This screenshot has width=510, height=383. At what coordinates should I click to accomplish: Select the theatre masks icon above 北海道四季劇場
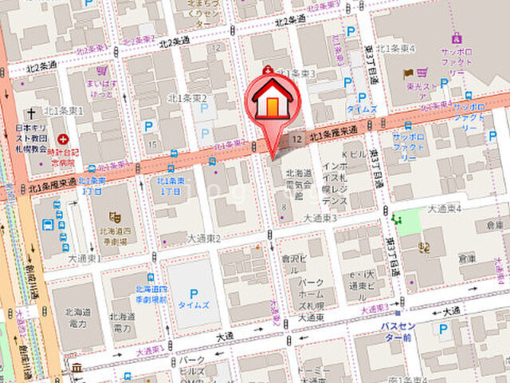pyautogui.click(x=115, y=216)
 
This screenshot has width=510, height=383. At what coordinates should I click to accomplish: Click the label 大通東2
pyautogui.click(x=203, y=238)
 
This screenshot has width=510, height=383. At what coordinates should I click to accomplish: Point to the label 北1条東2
pyautogui.click(x=187, y=98)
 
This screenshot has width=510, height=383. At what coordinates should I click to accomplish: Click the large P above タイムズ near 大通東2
pyautogui.click(x=193, y=293)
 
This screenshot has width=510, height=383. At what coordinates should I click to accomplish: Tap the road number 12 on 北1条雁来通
pyautogui.click(x=296, y=139)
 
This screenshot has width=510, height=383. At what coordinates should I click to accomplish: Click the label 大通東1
pyautogui.click(x=83, y=259)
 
